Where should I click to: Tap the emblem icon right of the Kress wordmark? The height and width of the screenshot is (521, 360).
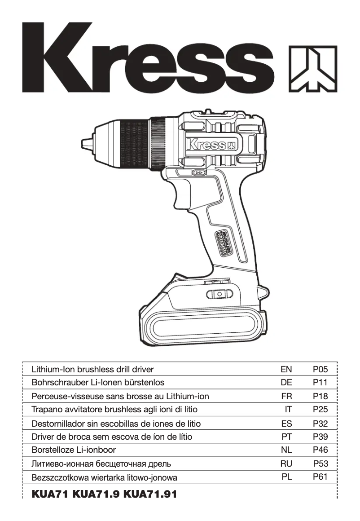click(312, 68)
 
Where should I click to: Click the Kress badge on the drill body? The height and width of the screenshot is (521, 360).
click(211, 145)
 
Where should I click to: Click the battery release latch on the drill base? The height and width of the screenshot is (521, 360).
click(220, 294)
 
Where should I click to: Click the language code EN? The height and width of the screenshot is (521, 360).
click(286, 370)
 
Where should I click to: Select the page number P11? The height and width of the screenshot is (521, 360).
click(320, 383)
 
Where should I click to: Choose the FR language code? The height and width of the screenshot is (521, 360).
click(286, 396)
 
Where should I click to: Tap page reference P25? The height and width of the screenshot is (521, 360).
click(320, 410)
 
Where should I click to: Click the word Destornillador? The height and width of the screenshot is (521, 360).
click(59, 423)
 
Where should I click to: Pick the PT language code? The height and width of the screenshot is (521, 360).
click(286, 436)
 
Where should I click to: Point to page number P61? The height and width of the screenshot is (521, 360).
click(320, 477)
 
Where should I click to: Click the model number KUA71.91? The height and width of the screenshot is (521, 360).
click(150, 494)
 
